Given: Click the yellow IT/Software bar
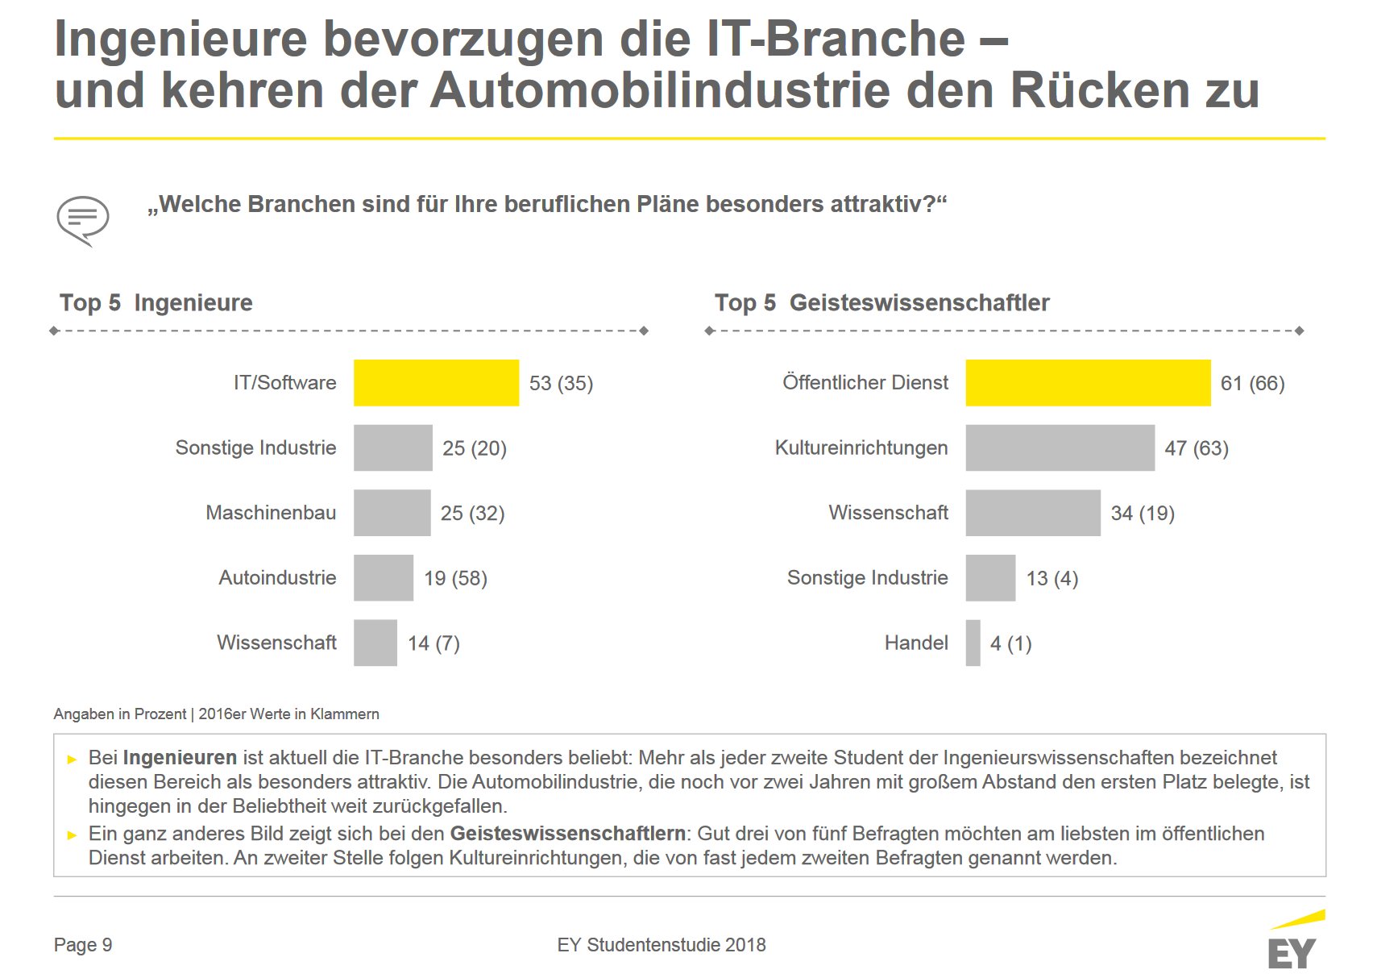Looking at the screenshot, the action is (437, 383).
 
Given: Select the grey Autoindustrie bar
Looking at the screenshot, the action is (384, 577).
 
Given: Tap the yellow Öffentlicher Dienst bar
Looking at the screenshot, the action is (1088, 383).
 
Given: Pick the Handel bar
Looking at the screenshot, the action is (973, 643).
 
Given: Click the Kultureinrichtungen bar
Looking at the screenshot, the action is (1060, 447).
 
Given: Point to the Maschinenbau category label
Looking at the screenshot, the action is (271, 513).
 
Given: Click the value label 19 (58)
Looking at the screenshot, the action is (455, 578).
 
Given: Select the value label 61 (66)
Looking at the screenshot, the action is (1252, 383).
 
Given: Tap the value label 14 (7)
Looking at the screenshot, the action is (434, 643).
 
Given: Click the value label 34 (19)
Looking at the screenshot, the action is (1143, 514).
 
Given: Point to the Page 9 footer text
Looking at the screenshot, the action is (83, 945).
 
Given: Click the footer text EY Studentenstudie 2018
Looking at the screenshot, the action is (662, 945).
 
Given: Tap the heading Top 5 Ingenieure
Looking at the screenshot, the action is (156, 303).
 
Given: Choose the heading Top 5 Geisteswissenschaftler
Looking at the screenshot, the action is (882, 303).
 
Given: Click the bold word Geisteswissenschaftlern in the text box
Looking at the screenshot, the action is (567, 834).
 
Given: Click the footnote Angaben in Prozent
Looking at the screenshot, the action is (119, 714).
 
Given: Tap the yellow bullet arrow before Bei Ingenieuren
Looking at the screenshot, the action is (72, 760).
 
